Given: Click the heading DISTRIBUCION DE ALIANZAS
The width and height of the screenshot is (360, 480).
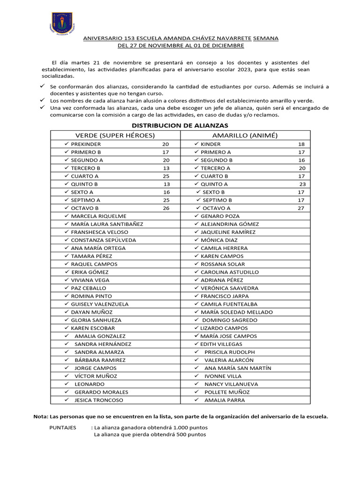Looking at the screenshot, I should tap(180, 126).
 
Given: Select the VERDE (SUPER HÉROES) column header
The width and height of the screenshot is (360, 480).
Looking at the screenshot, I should tap(115, 135).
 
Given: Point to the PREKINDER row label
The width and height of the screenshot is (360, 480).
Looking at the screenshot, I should tap(86, 144).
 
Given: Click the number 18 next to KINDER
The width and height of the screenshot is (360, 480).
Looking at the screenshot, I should tap(301, 144).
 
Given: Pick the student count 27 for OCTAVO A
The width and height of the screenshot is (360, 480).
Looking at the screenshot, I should tap(301, 208).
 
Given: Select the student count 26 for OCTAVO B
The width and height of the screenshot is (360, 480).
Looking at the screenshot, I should tap(166, 208).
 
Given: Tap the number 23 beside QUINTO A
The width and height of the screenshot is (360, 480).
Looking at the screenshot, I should tap(302, 184).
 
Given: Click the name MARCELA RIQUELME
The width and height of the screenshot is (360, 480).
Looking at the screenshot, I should tap(98, 216).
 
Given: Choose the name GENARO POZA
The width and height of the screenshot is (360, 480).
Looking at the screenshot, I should tap(220, 216).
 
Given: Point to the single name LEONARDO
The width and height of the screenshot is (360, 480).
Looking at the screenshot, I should tap(90, 384).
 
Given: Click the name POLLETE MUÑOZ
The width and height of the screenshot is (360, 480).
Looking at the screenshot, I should tap(227, 392).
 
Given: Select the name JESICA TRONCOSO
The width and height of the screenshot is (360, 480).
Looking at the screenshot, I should tap(99, 400).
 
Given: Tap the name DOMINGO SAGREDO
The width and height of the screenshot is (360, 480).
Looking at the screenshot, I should tap(230, 320).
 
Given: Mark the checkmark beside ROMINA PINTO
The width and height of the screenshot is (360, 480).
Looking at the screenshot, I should tap(66, 296).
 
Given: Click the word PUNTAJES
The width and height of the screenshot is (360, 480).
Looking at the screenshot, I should tap(63, 427).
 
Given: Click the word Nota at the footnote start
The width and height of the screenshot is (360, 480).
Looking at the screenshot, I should tap(41, 416).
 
